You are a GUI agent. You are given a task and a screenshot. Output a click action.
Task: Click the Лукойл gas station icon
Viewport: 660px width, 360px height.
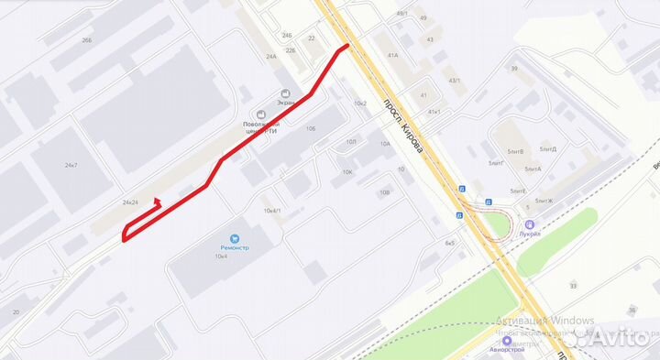pos(530,225)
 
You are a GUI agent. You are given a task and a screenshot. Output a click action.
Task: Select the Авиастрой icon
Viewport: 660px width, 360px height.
pos(507,340)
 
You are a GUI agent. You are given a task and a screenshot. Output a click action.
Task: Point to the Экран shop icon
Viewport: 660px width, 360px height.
pos(285,94)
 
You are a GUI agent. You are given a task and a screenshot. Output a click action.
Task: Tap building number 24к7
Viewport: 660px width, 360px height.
pos(71,166)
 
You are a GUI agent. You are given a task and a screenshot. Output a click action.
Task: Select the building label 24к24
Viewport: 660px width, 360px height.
pos(130,202)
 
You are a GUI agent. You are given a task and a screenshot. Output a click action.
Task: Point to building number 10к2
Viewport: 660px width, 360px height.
pos(360,104)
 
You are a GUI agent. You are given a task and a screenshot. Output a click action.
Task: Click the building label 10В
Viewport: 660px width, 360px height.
pos(384,192)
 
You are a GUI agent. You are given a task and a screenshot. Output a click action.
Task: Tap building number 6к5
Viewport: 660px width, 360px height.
pos(449,244)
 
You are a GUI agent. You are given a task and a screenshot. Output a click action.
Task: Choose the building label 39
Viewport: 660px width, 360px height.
pos(514,69)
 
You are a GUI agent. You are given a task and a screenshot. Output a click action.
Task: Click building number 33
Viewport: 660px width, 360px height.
pos(574,287)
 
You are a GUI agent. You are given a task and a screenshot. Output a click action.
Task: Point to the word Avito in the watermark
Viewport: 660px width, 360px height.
pos(626,338)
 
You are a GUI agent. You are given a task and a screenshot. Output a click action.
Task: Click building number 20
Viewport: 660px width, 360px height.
pos(16,312)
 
